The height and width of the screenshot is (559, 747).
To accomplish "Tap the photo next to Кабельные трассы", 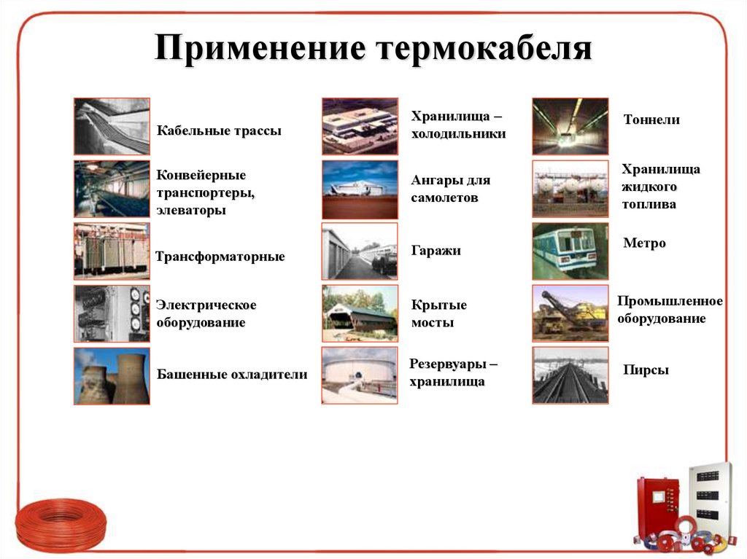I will (112, 126).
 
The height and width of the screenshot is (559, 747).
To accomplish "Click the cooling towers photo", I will (112, 376).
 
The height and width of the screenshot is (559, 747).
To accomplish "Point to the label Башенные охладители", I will (232, 375).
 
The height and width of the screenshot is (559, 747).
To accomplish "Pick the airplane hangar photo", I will (360, 189).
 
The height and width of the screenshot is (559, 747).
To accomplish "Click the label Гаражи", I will (436, 251).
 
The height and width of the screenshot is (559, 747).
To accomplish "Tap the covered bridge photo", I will (360, 313).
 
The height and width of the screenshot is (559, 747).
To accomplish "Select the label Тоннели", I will (651, 120).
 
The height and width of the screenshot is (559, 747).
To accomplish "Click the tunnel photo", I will (570, 126).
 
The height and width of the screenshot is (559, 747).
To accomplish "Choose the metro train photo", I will (570, 251).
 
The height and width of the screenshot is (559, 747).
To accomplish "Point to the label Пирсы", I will (646, 370).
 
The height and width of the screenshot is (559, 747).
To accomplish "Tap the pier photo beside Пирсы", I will (570, 376).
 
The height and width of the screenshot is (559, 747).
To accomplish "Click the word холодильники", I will (458, 134).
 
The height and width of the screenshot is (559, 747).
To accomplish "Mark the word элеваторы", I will (191, 211).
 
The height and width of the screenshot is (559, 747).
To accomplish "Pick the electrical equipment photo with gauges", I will (112, 313).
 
